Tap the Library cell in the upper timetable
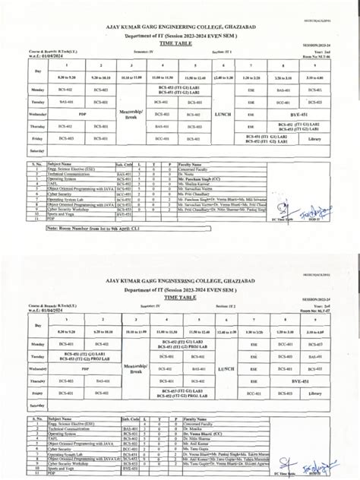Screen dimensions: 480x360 click(x=315, y=139)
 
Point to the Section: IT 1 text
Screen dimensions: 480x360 click(x=228, y=53)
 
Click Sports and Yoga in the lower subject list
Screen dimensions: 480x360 click(x=67, y=469)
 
